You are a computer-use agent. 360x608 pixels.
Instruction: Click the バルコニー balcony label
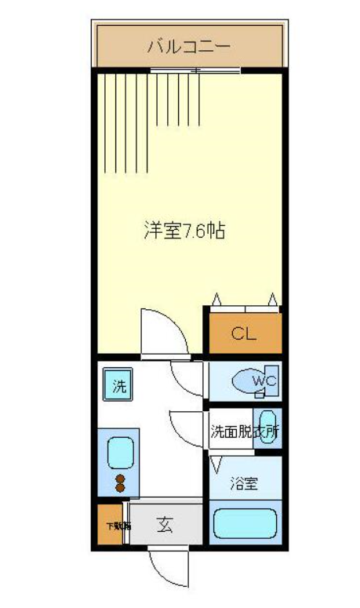point(189,46)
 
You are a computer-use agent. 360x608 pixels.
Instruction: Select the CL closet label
point(244,334)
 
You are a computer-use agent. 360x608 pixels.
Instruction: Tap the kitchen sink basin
point(120,453)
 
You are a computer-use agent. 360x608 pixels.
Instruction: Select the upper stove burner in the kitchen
point(120,477)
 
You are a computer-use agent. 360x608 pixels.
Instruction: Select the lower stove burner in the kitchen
point(120,488)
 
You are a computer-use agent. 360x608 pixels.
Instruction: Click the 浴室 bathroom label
point(244,484)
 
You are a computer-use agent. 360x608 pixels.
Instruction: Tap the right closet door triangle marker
point(272,298)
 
